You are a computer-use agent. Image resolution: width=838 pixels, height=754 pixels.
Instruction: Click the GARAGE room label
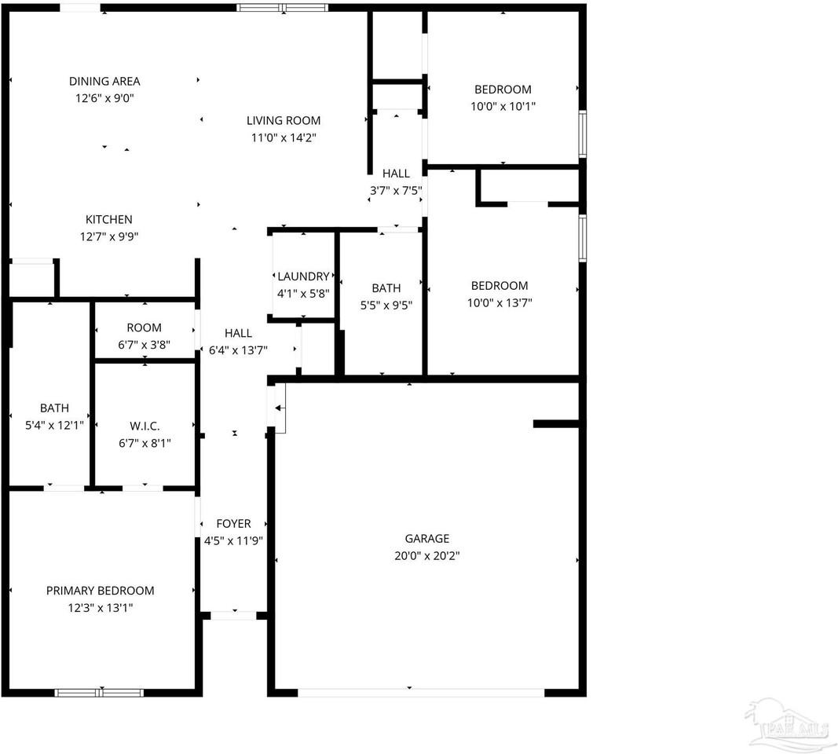427,539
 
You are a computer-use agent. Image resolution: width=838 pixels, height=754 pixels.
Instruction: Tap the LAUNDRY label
303,276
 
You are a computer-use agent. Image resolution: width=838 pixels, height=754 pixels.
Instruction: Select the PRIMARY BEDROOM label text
100,591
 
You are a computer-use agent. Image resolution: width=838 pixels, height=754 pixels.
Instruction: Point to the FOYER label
233,524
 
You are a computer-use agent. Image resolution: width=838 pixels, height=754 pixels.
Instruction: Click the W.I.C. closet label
145,426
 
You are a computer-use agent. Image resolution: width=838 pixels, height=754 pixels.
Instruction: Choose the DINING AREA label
104,81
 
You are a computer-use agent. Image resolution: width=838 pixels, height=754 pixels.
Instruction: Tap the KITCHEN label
108,220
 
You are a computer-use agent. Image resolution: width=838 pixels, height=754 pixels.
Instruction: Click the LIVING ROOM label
284,121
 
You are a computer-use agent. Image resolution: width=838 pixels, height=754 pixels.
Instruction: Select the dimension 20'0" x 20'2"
427,556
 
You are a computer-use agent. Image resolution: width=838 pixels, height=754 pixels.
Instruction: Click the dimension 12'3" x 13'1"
100,608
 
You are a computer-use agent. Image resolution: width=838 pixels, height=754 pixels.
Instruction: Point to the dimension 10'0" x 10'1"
503,107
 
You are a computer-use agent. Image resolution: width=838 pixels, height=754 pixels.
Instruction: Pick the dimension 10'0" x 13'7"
500,303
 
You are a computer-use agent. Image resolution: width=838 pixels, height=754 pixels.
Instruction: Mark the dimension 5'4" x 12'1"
54,425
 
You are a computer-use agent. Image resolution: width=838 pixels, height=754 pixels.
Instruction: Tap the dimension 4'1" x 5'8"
303,293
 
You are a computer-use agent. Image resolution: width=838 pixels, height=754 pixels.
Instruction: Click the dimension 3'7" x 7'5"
396,190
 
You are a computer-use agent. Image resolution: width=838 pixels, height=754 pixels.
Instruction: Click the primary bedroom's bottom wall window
99,692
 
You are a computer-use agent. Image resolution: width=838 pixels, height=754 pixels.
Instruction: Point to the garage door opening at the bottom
421,692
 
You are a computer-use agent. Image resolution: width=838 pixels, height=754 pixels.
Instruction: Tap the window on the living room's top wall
283,8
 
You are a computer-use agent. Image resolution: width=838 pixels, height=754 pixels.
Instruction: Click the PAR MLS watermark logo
789,723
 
